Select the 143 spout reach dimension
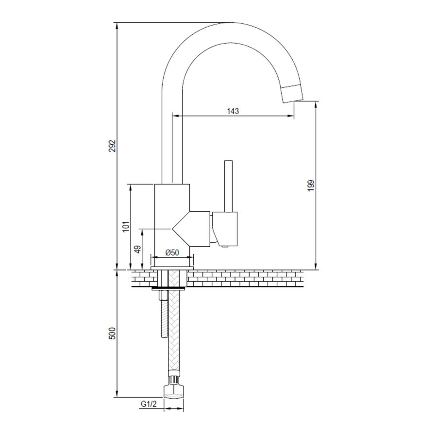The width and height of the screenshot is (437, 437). click(x=233, y=111)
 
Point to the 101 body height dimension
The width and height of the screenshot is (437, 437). click(x=125, y=226)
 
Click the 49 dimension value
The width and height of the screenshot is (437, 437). click(x=137, y=249)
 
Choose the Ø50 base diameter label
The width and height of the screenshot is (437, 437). click(x=172, y=252)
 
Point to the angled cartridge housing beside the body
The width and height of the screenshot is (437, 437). click(x=192, y=228)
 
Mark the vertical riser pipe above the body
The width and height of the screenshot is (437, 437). click(x=172, y=146)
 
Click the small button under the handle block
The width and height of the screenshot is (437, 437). click(x=225, y=247)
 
